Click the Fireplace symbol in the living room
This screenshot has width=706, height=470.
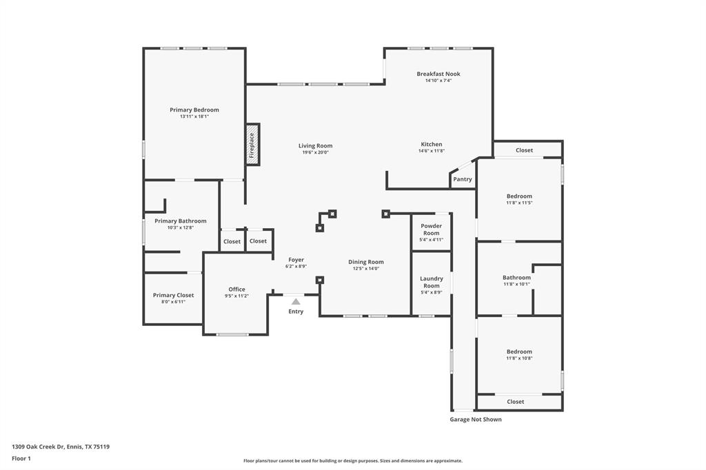pyautogui.click(x=252, y=145)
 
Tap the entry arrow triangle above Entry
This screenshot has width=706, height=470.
pyautogui.click(x=296, y=301)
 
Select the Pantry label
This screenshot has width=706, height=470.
pyautogui.click(x=463, y=179)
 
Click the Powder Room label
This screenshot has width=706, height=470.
pyautogui.click(x=432, y=229)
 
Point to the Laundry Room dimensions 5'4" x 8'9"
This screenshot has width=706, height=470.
pyautogui.click(x=432, y=292)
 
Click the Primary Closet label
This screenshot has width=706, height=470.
pyautogui.click(x=173, y=295)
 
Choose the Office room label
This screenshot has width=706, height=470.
pyautogui.click(x=236, y=289)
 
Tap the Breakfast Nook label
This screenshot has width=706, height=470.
pyautogui.click(x=438, y=74)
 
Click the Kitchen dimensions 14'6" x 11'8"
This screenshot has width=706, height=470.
pyautogui.click(x=432, y=151)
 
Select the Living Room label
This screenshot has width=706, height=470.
pyautogui.click(x=315, y=145)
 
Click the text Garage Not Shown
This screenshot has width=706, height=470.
pyautogui.click(x=476, y=419)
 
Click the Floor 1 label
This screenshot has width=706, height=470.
pyautogui.click(x=21, y=458)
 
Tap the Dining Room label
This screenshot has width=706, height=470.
pyautogui.click(x=366, y=262)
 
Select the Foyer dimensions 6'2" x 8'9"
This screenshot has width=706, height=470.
pyautogui.click(x=296, y=266)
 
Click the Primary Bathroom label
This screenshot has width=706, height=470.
pyautogui.click(x=181, y=221)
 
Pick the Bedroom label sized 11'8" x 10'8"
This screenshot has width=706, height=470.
pyautogui.click(x=519, y=351)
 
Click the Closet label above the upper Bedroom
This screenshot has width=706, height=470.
pyautogui.click(x=524, y=150)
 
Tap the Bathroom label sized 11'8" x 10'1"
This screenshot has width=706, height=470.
pyautogui.click(x=516, y=278)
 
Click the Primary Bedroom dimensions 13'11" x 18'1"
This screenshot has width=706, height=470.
pyautogui.click(x=194, y=116)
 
